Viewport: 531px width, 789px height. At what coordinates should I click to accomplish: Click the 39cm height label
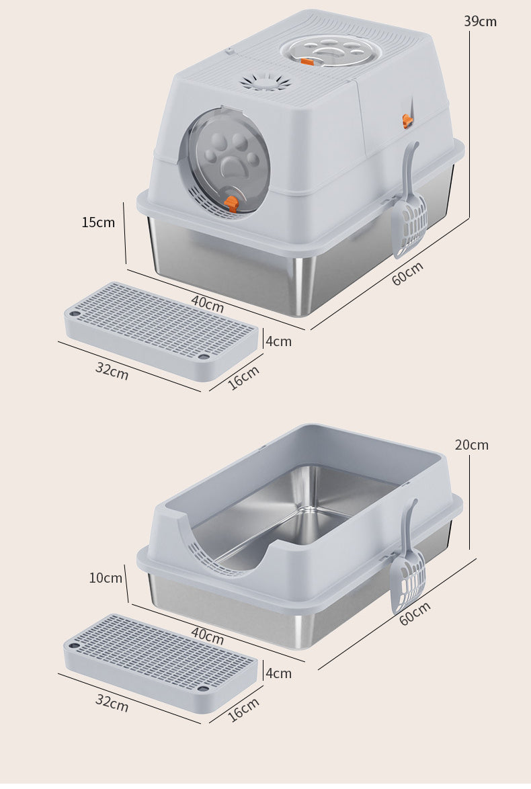click(480, 21)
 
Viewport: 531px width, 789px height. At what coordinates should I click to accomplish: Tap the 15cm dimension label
click(98, 222)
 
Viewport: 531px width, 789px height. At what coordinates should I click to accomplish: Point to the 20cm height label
click(472, 445)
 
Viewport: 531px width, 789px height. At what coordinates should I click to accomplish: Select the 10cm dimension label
click(106, 578)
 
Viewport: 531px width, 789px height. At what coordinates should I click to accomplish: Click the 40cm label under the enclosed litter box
click(208, 303)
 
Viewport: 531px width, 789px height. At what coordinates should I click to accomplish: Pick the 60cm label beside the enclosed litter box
click(408, 274)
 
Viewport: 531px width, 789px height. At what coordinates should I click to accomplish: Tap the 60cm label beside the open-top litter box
click(415, 614)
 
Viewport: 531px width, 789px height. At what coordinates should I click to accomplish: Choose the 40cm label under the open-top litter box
click(208, 636)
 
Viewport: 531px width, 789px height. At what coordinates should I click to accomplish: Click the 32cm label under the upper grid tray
click(112, 371)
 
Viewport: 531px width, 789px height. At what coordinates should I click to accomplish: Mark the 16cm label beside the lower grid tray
click(243, 710)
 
